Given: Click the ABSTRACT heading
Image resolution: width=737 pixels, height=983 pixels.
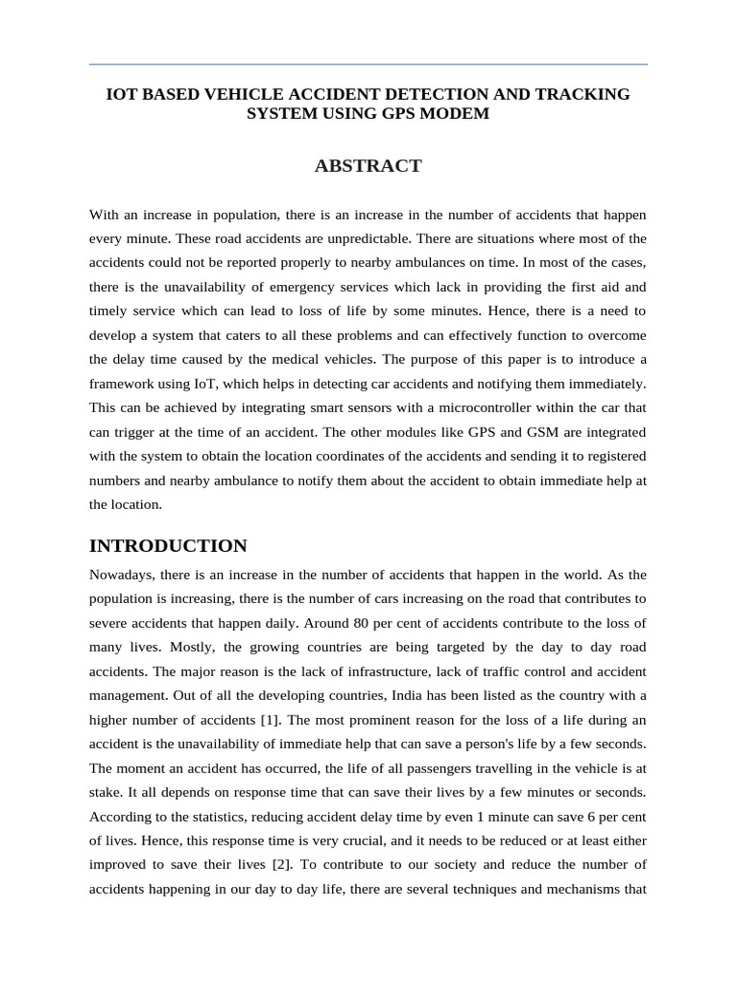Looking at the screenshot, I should click(368, 166).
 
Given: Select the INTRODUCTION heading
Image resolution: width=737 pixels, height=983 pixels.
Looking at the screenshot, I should click(168, 546).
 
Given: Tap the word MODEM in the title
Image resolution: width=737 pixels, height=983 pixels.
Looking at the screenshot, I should click(457, 113).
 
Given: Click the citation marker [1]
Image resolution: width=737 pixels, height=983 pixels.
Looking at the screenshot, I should click(261, 720).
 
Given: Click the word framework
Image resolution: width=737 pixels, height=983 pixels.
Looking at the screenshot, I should click(123, 382).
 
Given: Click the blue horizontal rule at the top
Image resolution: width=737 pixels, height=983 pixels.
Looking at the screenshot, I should click(368, 64).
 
